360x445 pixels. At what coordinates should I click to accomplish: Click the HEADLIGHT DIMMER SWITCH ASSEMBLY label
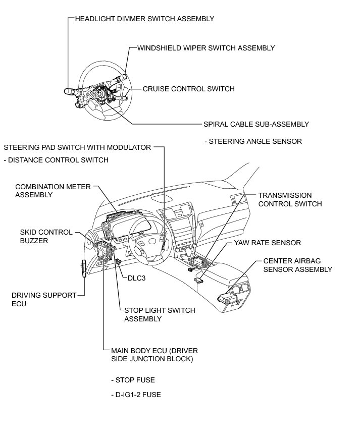point(144,19)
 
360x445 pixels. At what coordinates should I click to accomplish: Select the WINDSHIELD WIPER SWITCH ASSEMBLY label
point(206,48)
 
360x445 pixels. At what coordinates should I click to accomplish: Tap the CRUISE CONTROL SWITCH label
point(188,89)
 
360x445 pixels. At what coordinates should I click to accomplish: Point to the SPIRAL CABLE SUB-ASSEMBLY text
point(255,124)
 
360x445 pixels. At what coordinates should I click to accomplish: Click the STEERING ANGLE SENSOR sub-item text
point(253,141)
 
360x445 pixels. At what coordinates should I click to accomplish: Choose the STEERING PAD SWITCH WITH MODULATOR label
point(77,147)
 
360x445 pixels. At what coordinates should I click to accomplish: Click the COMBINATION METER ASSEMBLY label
point(53,190)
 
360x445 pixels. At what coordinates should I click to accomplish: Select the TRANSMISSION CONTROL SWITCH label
point(290,199)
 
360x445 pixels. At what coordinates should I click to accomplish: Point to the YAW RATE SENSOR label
point(267,243)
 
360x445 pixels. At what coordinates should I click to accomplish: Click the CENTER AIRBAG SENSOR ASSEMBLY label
point(297,265)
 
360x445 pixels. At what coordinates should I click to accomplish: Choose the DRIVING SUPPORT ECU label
point(44,299)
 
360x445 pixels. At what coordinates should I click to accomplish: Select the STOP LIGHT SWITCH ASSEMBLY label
point(159,314)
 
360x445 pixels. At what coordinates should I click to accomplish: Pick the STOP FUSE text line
point(133,379)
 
